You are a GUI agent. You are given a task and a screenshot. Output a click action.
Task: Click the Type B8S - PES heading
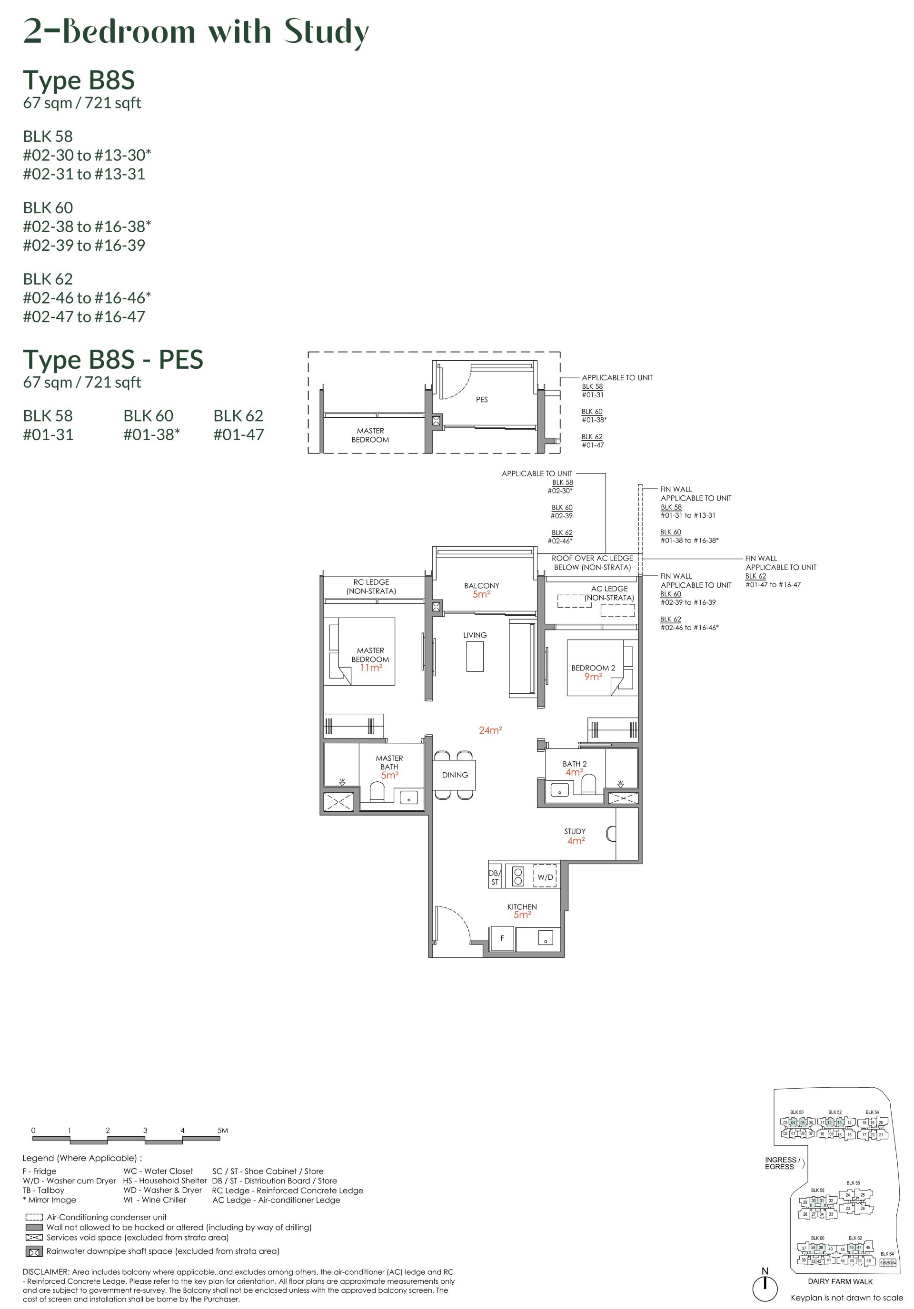pos(113,360)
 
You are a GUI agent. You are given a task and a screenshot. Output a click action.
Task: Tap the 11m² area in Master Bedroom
pos(370,668)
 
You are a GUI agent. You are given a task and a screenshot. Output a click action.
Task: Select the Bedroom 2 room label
pos(593,668)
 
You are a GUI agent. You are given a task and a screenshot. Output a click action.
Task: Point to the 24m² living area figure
pos(490,730)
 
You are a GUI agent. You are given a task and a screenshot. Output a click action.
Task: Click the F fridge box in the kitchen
pos(502,938)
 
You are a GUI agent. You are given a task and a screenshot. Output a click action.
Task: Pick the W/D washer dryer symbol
pos(545,877)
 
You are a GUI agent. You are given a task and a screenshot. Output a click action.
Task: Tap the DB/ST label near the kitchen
pos(495,877)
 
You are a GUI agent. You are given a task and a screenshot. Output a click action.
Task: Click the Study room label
pos(575,831)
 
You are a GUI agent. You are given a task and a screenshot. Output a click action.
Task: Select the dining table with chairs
pos(454,775)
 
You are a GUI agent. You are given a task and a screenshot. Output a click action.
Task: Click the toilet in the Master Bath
pos(377,791)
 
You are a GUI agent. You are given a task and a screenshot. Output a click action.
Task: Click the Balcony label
pos(481,586)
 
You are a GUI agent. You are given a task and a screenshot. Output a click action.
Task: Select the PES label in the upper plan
pos(482,400)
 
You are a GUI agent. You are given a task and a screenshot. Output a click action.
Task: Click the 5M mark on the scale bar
pos(222,1131)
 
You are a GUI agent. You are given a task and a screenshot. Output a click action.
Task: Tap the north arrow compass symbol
pos(765,1287)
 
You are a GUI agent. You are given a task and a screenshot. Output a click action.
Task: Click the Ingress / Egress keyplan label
pos(782,1163)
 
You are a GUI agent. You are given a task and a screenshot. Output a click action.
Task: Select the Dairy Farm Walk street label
pos(840,1281)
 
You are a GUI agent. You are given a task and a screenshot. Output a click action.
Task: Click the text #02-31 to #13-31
pos(84,174)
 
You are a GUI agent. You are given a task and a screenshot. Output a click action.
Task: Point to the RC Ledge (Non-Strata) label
pos(371,586)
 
